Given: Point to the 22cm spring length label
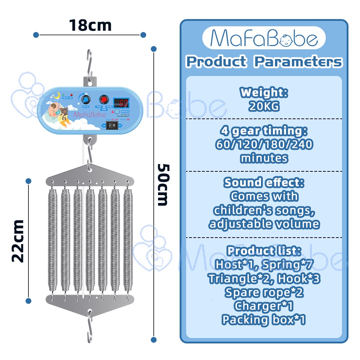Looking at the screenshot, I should (x=17, y=240).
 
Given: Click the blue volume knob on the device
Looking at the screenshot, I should (x=86, y=100).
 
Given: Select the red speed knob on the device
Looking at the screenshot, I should (x=104, y=100).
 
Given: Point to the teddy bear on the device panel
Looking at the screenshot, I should (x=64, y=112).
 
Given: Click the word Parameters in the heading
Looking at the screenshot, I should (x=298, y=62).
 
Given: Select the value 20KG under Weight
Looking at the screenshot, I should (x=264, y=106).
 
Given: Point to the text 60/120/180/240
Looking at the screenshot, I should (x=264, y=145).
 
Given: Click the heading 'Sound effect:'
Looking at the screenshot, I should (x=264, y=183).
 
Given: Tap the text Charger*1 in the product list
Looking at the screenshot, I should (x=264, y=306).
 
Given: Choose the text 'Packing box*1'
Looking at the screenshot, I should (x=264, y=319).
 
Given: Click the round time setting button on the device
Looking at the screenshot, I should (x=117, y=112).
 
